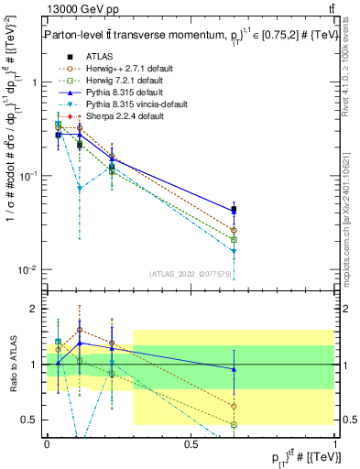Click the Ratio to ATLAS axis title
pos(13,366)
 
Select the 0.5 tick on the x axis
pos(191,443)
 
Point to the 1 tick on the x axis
pos(335,443)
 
